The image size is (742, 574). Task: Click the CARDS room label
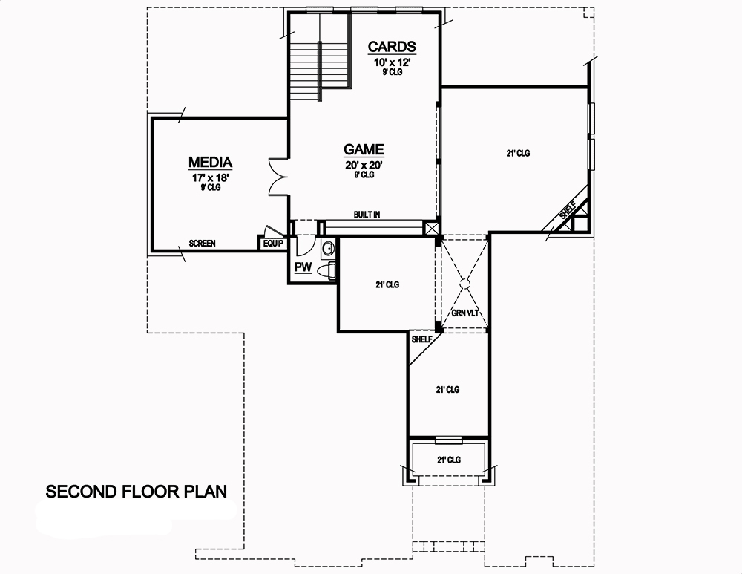point(392,47)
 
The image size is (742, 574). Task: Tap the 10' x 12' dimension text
point(392,62)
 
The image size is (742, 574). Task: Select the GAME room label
point(364,149)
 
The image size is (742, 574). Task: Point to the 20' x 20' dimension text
point(364,165)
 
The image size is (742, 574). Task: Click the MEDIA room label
point(211,162)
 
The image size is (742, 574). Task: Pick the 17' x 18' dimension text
point(210,177)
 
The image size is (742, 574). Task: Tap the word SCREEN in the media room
point(202,244)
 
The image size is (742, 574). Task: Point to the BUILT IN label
point(367,215)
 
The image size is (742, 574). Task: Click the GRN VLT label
point(464,313)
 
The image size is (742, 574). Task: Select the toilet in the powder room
point(326,272)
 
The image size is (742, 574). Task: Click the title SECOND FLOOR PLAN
point(137,492)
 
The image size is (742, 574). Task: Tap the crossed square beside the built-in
point(431,228)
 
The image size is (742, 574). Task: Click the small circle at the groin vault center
point(464,281)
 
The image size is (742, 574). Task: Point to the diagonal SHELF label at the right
point(567,211)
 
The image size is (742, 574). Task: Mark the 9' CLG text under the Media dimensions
point(210,188)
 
